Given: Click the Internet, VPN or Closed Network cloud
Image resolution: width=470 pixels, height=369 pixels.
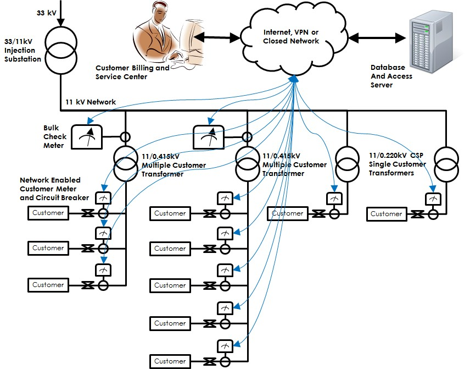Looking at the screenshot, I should pyautogui.click(x=291, y=37).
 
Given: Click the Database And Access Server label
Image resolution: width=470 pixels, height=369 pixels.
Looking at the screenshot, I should pyautogui.click(x=391, y=76).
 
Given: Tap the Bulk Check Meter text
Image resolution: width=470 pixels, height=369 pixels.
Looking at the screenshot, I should pyautogui.click(x=55, y=136).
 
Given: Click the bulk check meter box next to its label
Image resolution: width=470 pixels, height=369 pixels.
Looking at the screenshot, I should pyautogui.click(x=89, y=136).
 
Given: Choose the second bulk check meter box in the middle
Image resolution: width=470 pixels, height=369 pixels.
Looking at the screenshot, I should pyautogui.click(x=209, y=136).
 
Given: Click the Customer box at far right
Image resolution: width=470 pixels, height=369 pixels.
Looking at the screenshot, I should pyautogui.click(x=387, y=214).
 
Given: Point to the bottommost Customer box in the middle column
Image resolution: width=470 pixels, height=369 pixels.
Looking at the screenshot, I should pyautogui.click(x=170, y=361).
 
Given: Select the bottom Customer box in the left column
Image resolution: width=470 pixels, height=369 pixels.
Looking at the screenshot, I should pyautogui.click(x=48, y=285).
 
